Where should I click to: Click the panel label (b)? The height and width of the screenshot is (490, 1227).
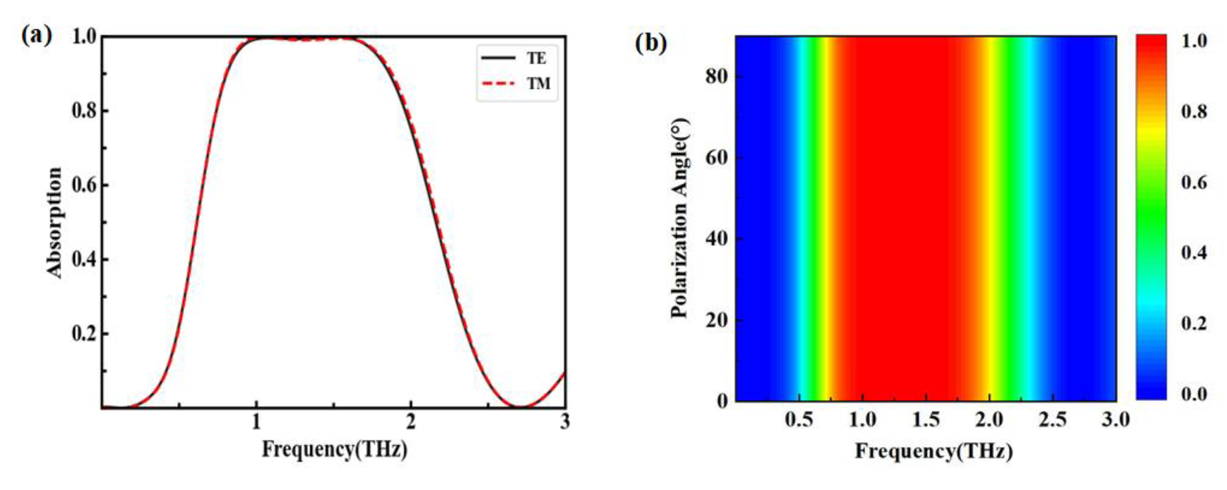(x=651, y=43)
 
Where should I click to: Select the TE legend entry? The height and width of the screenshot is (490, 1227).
(x=536, y=59)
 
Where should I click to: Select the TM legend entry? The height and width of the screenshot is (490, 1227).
(x=538, y=84)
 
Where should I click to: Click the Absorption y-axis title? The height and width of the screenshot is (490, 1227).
(x=54, y=223)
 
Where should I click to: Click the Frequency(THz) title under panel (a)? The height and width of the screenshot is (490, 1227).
(x=334, y=449)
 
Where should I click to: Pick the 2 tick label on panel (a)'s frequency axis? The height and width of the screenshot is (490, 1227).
(x=410, y=422)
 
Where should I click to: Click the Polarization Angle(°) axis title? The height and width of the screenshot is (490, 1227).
(x=680, y=218)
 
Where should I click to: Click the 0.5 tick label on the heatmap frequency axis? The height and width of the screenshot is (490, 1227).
(x=799, y=420)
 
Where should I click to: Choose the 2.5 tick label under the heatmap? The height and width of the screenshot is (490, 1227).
(x=1053, y=420)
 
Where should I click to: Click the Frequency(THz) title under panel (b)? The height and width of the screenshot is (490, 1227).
(x=934, y=451)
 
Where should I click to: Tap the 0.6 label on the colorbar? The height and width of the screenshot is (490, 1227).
(x=1194, y=182)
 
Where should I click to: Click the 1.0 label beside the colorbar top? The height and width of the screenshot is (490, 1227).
(x=1194, y=41)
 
